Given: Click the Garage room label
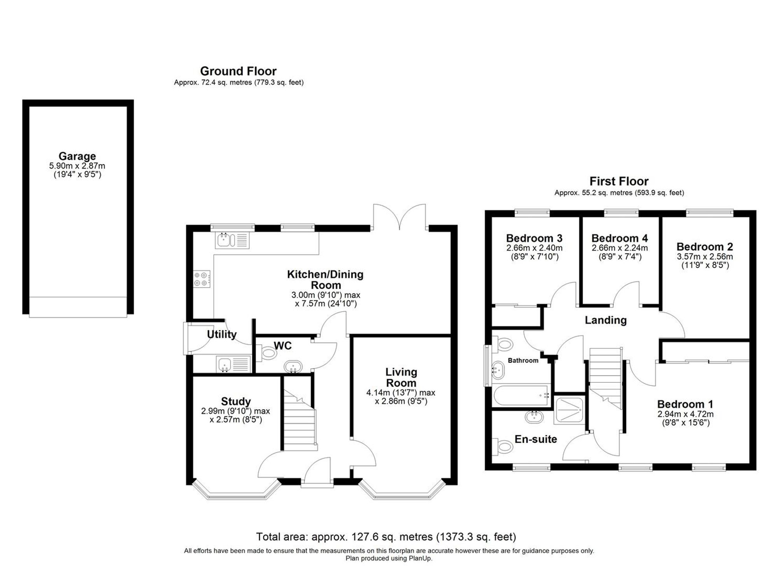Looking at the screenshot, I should pos(77,156).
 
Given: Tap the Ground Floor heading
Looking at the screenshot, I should pos(238,71).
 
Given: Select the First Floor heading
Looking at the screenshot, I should pos(619,181).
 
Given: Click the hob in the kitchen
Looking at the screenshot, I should pos(202,279).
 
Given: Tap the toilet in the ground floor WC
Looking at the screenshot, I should pos(268,353).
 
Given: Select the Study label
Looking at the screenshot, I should pos(236,401).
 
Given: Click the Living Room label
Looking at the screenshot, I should pos(401,377).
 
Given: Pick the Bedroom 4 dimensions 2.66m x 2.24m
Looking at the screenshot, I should pos(620,248).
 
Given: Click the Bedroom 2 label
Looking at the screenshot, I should pos(704,247).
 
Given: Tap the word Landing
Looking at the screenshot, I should pos(606,320).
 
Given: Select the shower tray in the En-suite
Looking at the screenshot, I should pos(569,410).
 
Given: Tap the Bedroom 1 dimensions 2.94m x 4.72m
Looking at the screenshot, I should pos(685,414).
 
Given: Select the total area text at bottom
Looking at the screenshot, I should pos(386,537).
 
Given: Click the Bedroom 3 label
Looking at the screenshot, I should pos(534,238).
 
